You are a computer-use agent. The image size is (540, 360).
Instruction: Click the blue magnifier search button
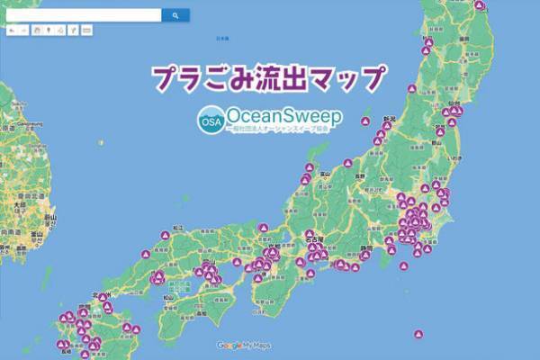point(175,15)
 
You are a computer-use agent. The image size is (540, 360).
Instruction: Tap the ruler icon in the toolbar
point(86,30)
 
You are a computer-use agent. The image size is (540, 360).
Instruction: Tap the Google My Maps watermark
point(243,346)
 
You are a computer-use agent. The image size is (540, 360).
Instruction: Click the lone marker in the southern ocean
point(418,335)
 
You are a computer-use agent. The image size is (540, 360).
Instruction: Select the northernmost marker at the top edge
point(480,4)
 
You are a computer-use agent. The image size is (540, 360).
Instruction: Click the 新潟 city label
point(390,118)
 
